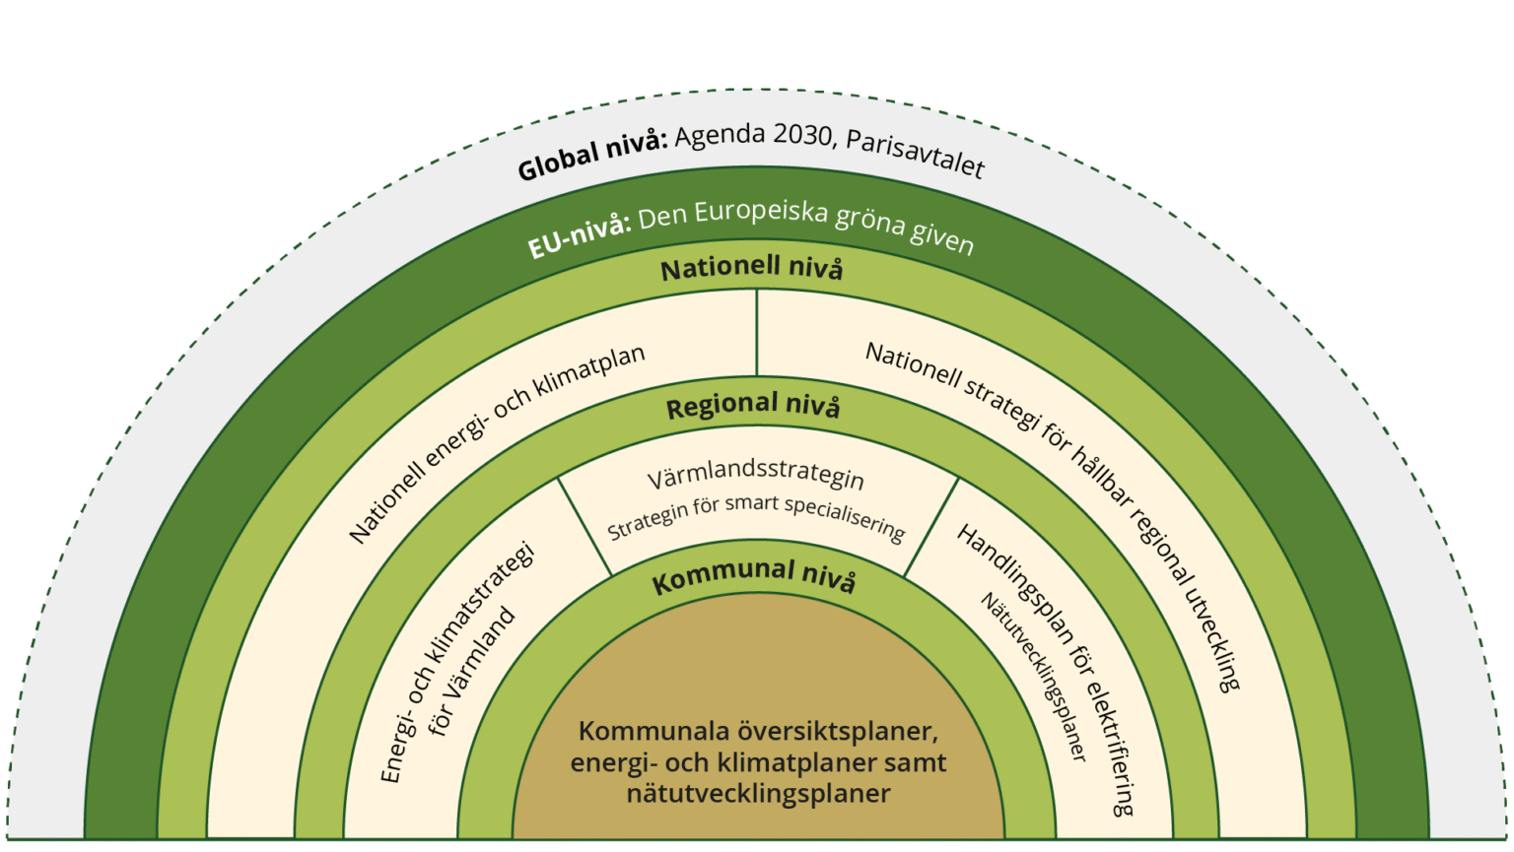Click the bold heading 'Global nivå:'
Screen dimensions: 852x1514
[592, 155]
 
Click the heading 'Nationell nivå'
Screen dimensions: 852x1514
[751, 268]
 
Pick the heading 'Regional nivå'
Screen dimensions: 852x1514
[753, 406]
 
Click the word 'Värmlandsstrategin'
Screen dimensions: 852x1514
[755, 477]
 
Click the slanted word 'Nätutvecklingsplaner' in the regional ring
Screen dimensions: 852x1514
[1033, 676]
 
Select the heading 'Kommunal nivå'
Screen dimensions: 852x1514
[754, 577]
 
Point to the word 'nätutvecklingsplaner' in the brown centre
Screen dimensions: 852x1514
[758, 794]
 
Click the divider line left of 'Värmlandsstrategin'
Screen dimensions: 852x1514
[585, 526]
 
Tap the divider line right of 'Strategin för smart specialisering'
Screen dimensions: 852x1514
[931, 527]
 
